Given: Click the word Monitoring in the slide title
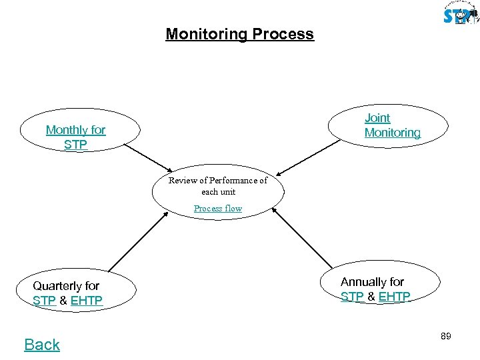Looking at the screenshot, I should pos(207,34).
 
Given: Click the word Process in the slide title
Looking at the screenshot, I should pos(283,34).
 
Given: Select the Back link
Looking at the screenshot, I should pos(42,345).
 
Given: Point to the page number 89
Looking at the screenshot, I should pos(446,337).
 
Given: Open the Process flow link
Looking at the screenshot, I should pos(218,209).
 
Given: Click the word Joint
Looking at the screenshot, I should pos(377,118).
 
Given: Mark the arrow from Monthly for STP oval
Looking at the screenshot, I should pos(148,157).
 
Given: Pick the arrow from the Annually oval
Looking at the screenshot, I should pos(298,240).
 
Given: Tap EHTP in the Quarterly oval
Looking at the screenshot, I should pos(87,301).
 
